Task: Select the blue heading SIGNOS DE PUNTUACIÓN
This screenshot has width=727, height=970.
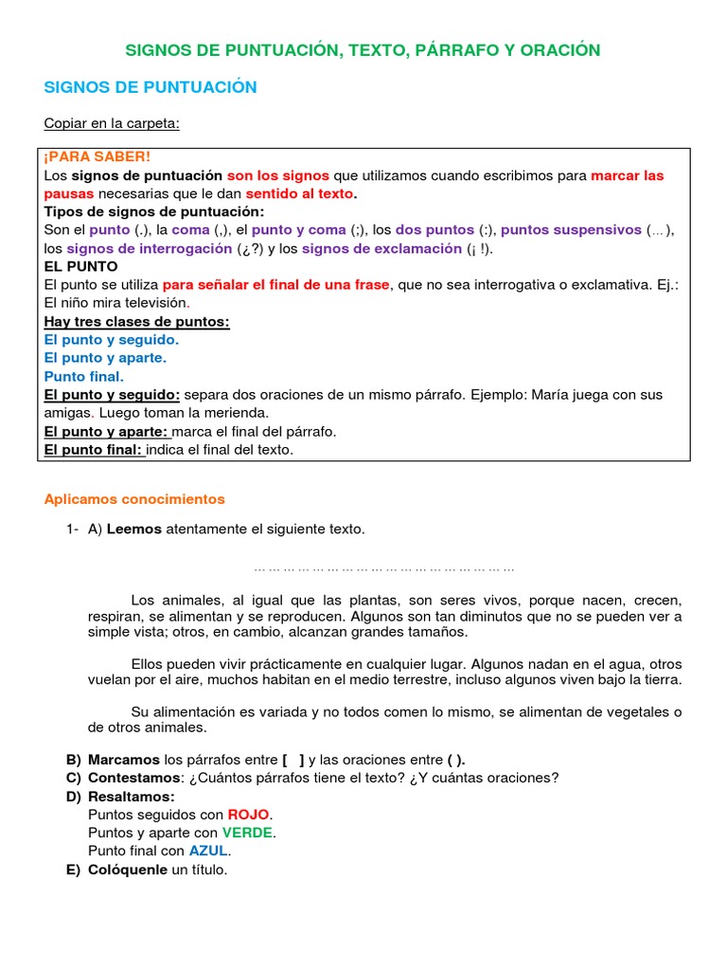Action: [151, 87]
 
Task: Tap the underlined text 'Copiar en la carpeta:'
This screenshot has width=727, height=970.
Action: [112, 124]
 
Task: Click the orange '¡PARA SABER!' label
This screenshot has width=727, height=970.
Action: [98, 157]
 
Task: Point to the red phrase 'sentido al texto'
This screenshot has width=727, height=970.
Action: [300, 193]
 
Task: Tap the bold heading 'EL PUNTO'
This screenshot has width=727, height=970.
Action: [80, 266]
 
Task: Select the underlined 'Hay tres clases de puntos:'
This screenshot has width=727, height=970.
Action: [137, 321]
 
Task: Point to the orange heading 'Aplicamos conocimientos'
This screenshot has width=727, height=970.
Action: [135, 498]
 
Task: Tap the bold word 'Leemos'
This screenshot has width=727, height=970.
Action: [134, 530]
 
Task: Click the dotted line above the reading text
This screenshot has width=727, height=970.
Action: [384, 569]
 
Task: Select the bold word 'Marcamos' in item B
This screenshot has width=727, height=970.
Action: [124, 760]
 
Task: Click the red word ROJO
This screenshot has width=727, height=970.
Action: [248, 814]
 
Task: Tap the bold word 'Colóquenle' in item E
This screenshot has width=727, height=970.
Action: [127, 870]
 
